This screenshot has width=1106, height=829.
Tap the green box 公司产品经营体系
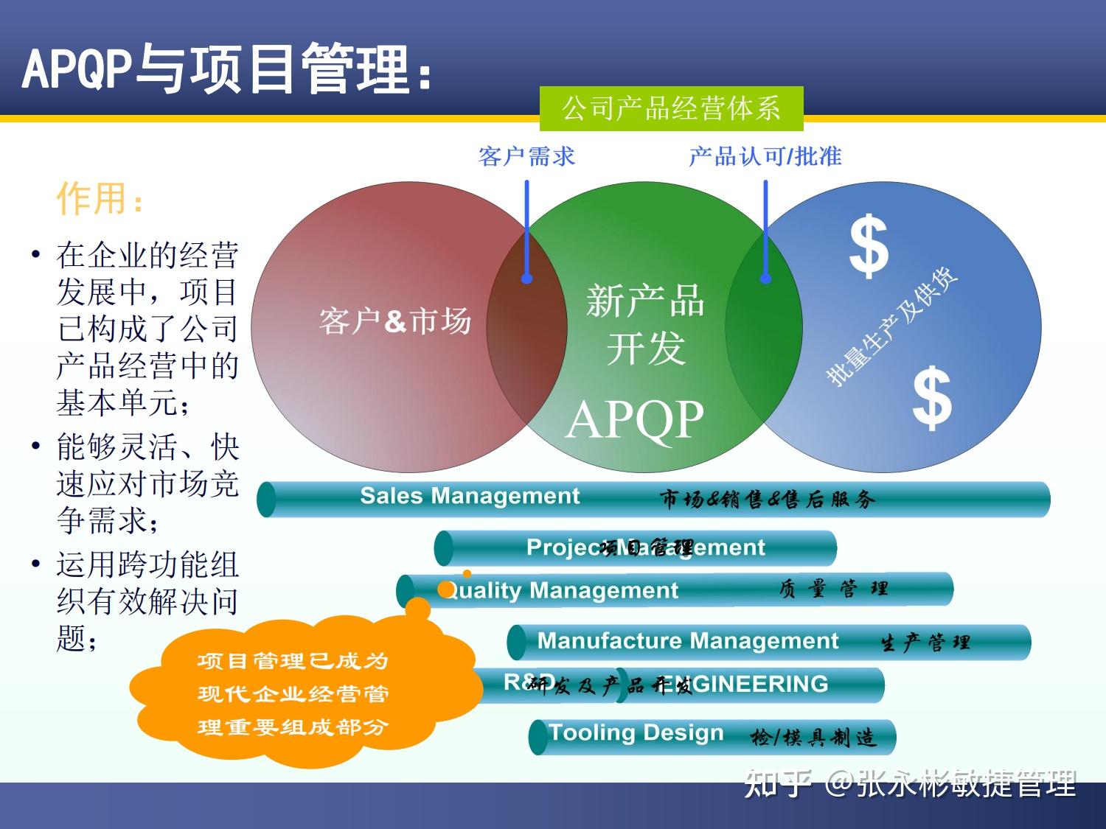pyautogui.click(x=670, y=109)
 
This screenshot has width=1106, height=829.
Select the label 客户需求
pyautogui.click(x=526, y=156)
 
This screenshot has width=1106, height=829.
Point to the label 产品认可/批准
pyautogui.click(x=765, y=156)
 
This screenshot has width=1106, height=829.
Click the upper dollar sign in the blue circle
pyautogui.click(x=869, y=247)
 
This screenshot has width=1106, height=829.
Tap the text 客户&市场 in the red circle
pyautogui.click(x=394, y=321)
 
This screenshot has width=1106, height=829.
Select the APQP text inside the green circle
pyautogui.click(x=634, y=420)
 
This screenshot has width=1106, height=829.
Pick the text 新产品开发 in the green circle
pyautogui.click(x=645, y=324)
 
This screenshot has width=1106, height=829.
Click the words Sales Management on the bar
pyautogui.click(x=470, y=496)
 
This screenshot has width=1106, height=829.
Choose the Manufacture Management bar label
pyautogui.click(x=687, y=640)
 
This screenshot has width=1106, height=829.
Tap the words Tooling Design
pyautogui.click(x=636, y=732)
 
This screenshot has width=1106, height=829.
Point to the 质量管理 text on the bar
pyautogui.click(x=833, y=589)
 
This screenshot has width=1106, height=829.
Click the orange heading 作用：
pyautogui.click(x=100, y=199)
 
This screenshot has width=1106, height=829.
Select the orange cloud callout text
pyautogui.click(x=293, y=694)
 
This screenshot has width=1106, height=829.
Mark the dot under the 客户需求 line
pyautogui.click(x=526, y=279)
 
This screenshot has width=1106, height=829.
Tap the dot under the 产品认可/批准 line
pyautogui.click(x=765, y=279)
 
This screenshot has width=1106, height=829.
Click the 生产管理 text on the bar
pyautogui.click(x=925, y=643)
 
